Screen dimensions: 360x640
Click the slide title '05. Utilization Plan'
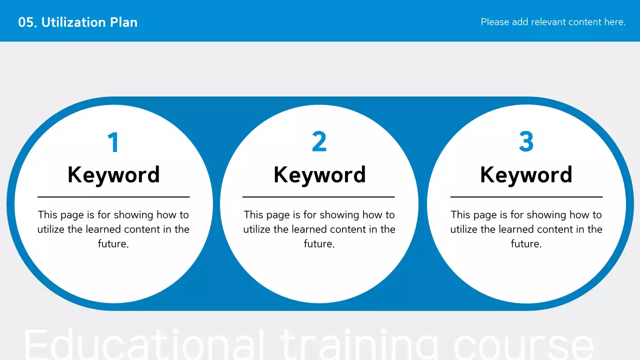point(77,22)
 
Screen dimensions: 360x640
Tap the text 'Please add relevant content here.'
point(553,22)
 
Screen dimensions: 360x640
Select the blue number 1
point(113,142)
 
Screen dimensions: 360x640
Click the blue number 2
point(319,142)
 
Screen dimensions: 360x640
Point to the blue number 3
point(526,142)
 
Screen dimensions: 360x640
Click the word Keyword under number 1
point(113,175)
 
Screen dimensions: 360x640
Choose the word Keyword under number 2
point(319,175)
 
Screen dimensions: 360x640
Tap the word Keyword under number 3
point(526,175)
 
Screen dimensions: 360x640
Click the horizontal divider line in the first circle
point(113,197)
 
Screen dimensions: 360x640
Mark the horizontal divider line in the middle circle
point(318,197)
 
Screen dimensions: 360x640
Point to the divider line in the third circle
point(526,197)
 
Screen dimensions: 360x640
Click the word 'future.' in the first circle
point(113,244)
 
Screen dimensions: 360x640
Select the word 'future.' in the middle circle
point(319,244)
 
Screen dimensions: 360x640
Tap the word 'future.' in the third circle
point(526,244)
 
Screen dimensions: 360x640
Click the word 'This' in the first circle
point(48,215)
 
